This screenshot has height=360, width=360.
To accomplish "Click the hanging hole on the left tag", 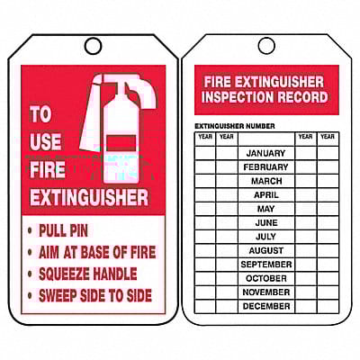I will coord(93,45).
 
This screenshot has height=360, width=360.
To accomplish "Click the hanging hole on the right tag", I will coord(265,45).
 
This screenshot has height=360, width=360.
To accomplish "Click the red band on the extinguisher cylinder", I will coord(120,142).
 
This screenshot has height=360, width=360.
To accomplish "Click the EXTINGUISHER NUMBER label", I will coord(235,126).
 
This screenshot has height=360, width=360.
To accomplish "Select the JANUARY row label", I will coord(265,153).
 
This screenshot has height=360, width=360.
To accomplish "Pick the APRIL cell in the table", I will coord(265,194).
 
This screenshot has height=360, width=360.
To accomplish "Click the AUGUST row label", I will coord(265,250).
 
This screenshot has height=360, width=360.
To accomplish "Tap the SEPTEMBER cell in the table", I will coord(265,265).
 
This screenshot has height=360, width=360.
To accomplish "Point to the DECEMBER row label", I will coord(265,306).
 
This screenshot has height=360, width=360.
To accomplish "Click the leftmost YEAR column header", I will coord(205,138).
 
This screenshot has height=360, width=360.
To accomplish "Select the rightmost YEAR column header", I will coord(328,138).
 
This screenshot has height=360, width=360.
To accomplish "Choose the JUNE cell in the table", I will coord(265,222).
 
